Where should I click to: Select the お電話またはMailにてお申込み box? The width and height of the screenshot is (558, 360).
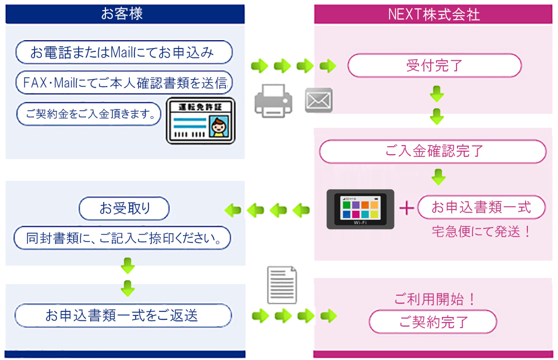[123, 52]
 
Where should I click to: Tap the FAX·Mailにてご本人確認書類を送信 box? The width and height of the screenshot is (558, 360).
[123, 83]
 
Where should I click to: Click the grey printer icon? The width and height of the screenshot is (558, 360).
[273, 101]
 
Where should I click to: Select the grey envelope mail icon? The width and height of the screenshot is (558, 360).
[319, 100]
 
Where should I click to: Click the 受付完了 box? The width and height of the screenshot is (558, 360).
[434, 66]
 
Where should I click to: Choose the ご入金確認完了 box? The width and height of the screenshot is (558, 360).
[433, 151]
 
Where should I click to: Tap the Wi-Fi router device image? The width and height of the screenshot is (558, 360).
[360, 209]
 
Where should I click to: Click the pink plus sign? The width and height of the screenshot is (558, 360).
[407, 208]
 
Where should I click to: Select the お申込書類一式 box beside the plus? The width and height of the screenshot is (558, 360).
[481, 208]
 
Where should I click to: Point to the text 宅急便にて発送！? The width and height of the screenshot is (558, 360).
[481, 231]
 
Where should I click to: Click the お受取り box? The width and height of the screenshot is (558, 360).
[124, 209]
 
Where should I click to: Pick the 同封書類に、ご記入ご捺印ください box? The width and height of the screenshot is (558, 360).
[122, 238]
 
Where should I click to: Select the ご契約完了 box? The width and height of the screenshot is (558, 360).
[433, 322]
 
